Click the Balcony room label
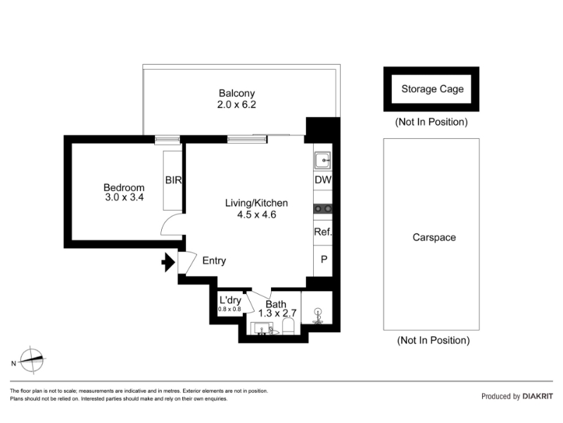point(236,93)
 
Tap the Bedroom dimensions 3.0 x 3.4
point(125,197)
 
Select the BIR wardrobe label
point(173,180)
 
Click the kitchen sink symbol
point(323,160)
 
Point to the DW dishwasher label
point(323,180)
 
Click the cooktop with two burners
point(323,209)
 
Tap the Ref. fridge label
point(323,232)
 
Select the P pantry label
point(324,259)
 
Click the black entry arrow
point(168,262)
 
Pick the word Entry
point(214,260)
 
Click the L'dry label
point(230,300)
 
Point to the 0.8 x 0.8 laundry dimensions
point(229,309)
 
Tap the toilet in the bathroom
point(289,327)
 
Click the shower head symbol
point(318,315)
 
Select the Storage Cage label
point(432,89)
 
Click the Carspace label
point(434,238)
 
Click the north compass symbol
point(32,360)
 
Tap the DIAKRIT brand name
point(538,396)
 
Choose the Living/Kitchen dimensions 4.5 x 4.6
point(256,215)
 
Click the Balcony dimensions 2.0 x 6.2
point(236,104)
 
